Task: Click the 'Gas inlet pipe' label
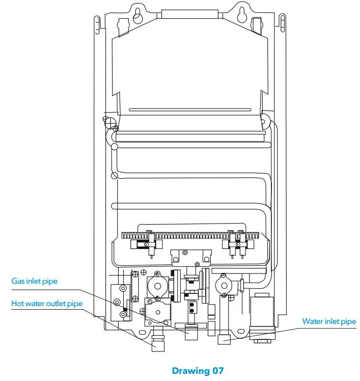click(35, 281)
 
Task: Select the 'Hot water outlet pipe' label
click(47, 304)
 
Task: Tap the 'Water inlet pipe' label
click(329, 321)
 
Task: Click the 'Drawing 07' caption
click(198, 371)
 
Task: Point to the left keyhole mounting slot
click(137, 16)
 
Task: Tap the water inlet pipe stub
click(225, 339)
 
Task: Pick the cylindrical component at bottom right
click(262, 315)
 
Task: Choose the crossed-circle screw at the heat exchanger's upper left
click(106, 120)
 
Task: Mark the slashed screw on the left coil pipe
click(115, 176)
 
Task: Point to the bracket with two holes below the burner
click(190, 256)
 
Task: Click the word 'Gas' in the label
click(18, 281)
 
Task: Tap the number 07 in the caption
click(217, 371)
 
